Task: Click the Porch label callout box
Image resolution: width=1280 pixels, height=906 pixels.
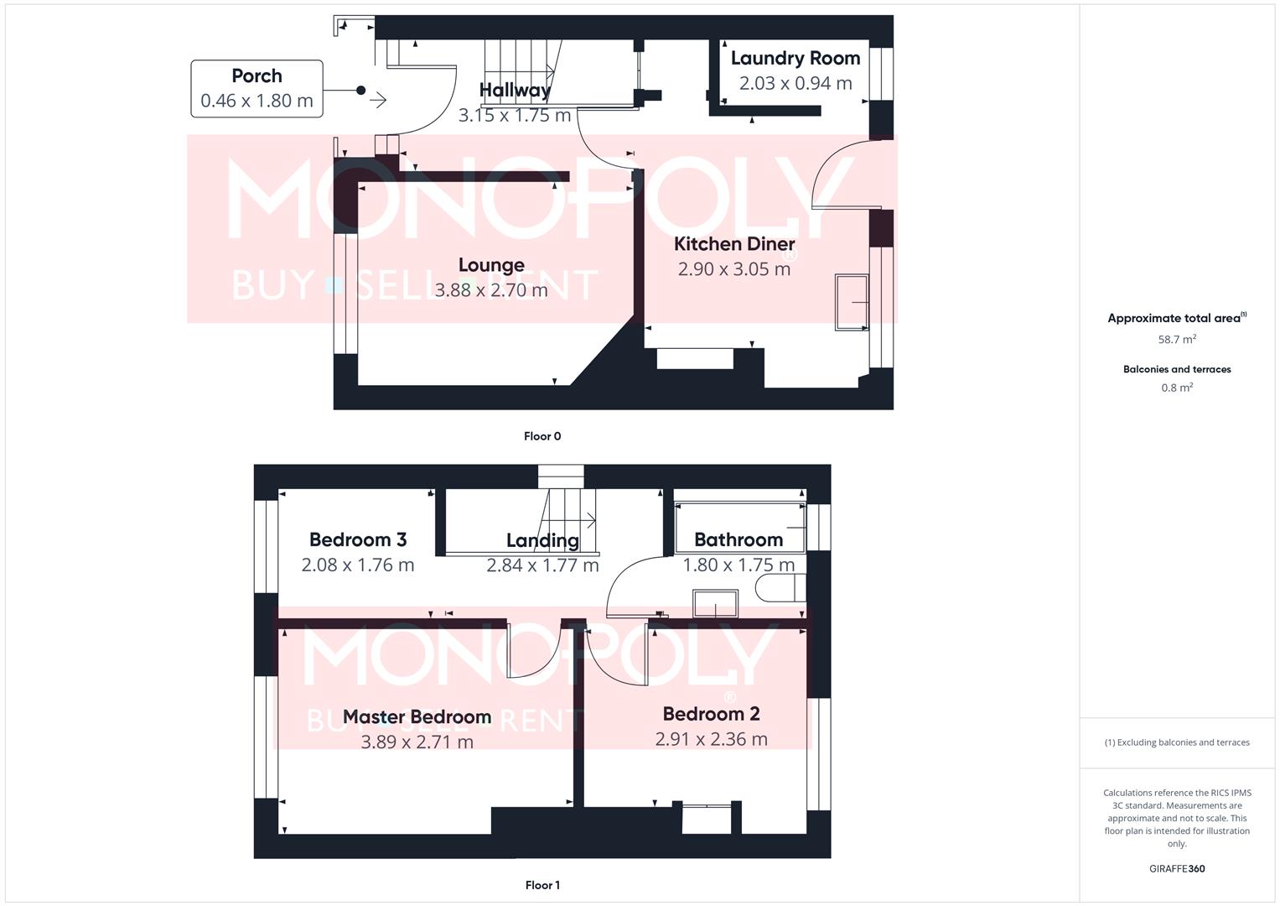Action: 257,88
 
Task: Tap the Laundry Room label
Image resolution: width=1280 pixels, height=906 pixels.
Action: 795,58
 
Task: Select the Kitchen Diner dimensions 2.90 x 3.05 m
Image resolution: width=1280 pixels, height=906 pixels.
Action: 733,269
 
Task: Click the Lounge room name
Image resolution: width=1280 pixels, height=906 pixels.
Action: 491,265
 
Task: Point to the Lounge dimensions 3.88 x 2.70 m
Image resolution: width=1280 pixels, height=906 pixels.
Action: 491,290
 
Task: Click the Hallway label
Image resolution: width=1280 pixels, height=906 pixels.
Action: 515,90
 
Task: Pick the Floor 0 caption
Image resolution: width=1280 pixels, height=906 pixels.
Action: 542,436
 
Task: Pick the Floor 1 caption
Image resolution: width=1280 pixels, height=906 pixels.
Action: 542,885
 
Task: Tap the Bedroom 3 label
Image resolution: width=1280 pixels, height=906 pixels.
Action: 358,539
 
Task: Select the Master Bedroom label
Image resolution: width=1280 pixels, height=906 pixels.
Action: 417,716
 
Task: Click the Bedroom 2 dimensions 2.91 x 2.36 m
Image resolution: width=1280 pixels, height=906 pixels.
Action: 711,739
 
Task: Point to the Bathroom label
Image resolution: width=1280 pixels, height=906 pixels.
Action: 738,539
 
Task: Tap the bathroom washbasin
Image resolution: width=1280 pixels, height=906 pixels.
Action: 715,603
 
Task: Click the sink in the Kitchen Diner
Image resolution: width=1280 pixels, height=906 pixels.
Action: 852,302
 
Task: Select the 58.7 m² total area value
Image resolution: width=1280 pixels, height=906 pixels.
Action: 1177,340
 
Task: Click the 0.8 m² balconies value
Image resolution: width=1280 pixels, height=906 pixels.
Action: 1177,388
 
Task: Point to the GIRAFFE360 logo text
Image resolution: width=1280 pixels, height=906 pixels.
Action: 1177,869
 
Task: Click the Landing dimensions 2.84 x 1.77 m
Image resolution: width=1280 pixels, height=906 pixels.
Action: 542,565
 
